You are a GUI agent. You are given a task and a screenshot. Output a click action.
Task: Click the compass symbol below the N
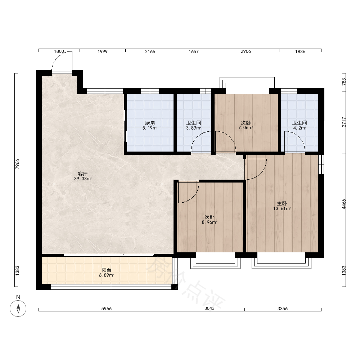[18, 309]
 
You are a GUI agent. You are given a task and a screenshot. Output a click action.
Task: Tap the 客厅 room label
[83, 174]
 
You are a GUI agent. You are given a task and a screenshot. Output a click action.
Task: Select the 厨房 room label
[150, 123]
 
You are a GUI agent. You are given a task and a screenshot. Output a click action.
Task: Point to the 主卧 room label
[282, 203]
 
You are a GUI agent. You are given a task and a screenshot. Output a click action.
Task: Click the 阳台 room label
[106, 270]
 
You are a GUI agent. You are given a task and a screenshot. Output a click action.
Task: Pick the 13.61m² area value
[282, 209]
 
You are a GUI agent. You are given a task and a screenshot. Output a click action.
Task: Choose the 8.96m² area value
[210, 222]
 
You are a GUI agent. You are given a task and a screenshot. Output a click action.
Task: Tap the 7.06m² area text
[246, 128]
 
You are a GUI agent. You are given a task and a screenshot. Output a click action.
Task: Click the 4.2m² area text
[300, 128]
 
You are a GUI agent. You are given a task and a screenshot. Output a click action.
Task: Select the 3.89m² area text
[194, 128]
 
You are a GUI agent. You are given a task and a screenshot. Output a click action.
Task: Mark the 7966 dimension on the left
[17, 164]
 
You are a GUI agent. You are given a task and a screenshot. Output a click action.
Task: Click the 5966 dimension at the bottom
[107, 309]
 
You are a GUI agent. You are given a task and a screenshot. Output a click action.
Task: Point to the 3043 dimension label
[210, 309]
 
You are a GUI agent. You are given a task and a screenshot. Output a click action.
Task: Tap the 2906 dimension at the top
[246, 51]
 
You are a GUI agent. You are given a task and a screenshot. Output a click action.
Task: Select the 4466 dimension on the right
[344, 204]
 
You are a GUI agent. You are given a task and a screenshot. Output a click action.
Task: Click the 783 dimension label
[344, 82]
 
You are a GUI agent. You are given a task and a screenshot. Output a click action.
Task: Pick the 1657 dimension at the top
[194, 51]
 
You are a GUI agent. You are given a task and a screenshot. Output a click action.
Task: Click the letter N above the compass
[18, 297]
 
